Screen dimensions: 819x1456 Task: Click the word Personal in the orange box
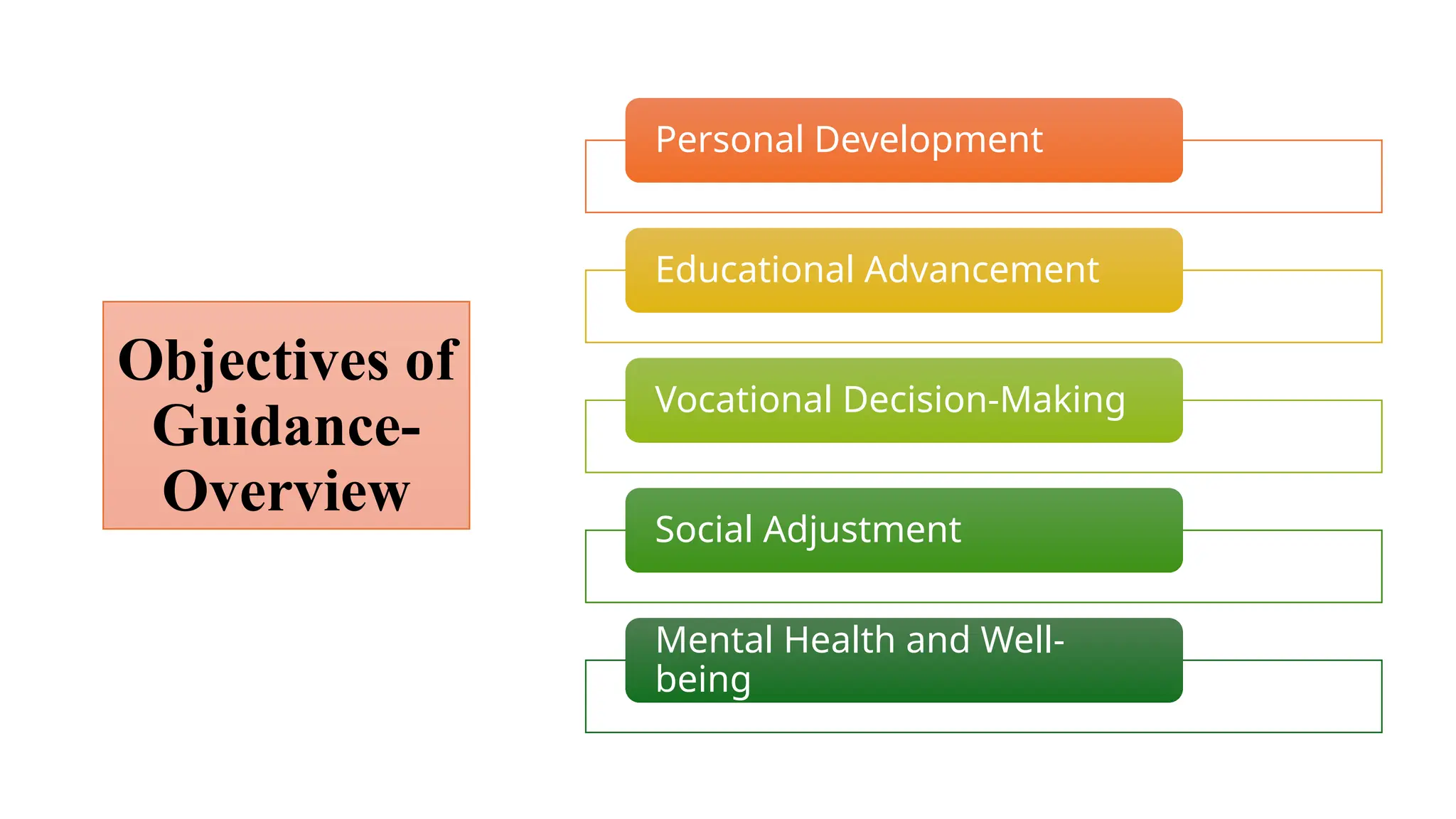pos(729,139)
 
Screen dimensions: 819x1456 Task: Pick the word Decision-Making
pos(984,400)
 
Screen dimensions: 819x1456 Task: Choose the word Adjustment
pos(862,531)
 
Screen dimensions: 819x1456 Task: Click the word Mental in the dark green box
pos(714,640)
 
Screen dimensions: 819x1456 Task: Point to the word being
pos(702,680)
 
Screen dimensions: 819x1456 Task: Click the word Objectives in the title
pos(254,361)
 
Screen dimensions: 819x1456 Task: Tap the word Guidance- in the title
pos(287,426)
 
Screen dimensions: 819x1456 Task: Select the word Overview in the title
pos(287,491)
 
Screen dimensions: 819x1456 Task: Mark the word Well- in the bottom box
pos(1022,640)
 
